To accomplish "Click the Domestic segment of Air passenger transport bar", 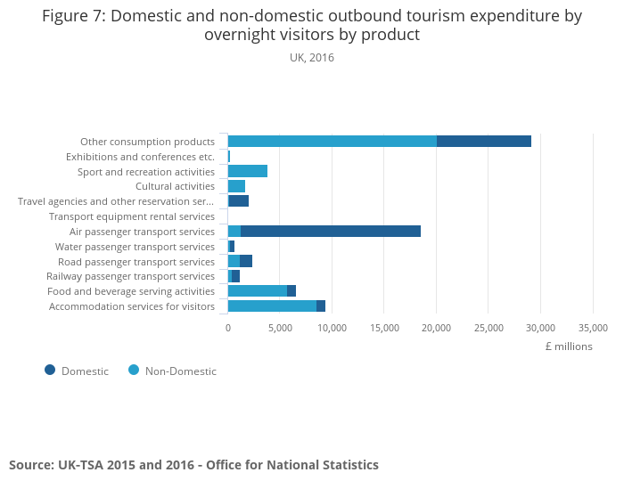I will point(330,232).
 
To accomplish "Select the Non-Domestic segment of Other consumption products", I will point(332,142).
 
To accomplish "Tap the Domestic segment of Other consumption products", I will point(483,142).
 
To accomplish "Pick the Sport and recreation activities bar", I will point(248,171).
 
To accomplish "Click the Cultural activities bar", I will point(236,186).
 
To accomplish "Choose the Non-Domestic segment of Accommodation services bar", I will point(272,306).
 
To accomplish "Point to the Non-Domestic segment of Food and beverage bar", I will point(257,291).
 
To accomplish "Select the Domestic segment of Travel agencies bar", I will point(239,201).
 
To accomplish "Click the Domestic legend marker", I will point(50,371).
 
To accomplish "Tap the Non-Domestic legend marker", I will point(134,371).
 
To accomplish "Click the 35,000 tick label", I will point(593,328).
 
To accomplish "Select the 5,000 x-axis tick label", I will point(280,328).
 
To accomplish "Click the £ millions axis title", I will point(568,346).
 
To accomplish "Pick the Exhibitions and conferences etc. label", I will point(140,157).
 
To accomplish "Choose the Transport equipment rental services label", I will point(132,216).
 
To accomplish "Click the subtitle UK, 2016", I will point(312,58).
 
